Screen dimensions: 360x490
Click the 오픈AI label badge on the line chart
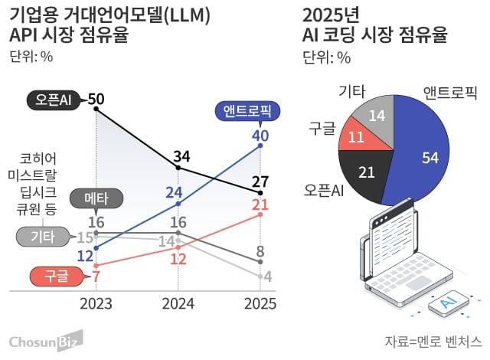[54, 99]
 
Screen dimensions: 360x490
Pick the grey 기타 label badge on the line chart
[38, 237]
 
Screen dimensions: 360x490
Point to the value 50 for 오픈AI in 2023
[96, 99]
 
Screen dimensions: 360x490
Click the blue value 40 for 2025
[260, 136]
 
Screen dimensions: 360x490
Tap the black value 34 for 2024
[181, 158]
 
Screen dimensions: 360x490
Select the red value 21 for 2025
[260, 205]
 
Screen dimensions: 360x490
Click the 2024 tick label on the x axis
[178, 304]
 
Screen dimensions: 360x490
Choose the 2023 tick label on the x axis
[96, 304]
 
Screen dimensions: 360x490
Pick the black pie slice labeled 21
[367, 172]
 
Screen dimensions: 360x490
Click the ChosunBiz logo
[44, 341]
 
